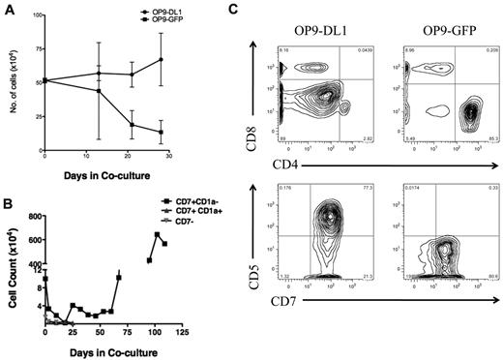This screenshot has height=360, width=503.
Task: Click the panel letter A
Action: (8, 9)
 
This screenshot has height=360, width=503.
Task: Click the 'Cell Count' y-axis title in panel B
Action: (12, 275)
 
